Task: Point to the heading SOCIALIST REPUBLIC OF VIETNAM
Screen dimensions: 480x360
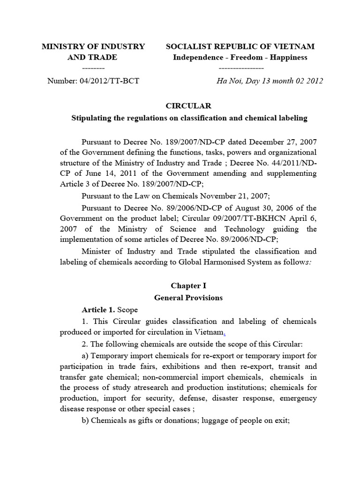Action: click(240, 46)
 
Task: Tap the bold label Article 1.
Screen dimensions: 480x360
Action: click(98, 310)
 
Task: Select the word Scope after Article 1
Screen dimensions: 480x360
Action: click(127, 310)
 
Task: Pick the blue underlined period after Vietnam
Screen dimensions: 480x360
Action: click(224, 333)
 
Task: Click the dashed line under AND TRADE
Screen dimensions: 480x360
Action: click(93, 68)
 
